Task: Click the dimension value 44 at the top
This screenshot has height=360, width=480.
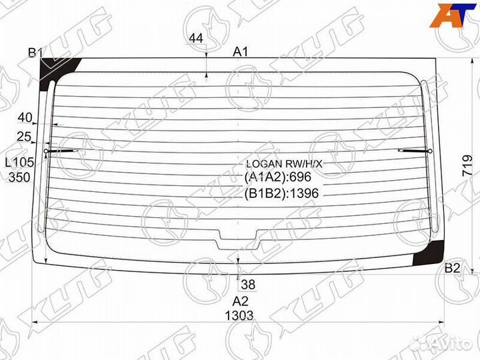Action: coord(196,39)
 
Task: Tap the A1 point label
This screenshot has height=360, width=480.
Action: coord(240,52)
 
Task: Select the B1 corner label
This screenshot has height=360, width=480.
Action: coord(35,53)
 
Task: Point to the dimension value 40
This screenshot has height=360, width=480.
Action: coord(25,117)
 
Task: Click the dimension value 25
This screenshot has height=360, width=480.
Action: coord(24,137)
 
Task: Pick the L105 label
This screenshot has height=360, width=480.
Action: coord(19,162)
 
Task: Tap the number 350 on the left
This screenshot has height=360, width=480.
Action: coord(19,177)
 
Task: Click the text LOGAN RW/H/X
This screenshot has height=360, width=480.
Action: coord(284,164)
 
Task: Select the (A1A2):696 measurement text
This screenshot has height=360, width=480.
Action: coord(277,177)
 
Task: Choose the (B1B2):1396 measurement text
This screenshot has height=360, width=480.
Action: coord(281,193)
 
